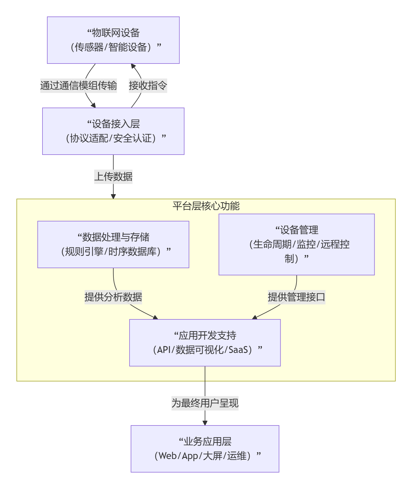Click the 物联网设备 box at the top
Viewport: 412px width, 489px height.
pyautogui.click(x=113, y=40)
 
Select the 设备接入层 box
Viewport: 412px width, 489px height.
pyautogui.click(x=113, y=131)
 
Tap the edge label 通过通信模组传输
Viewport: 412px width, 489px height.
pyautogui.click(x=78, y=86)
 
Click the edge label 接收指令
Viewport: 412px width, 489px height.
pyautogui.click(x=148, y=86)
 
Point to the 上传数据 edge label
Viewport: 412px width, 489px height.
pyautogui.click(x=113, y=176)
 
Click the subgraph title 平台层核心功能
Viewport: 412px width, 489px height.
pyautogui.click(x=206, y=206)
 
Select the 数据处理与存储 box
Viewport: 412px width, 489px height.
pyautogui.click(x=113, y=244)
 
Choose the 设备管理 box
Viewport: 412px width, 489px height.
pyautogui.click(x=297, y=244)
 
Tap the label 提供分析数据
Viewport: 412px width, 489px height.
pyautogui.click(x=113, y=297)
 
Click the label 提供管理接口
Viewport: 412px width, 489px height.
pyautogui.click(x=296, y=297)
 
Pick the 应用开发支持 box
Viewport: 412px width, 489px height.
pyautogui.click(x=205, y=343)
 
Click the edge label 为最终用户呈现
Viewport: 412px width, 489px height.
pyautogui.click(x=205, y=403)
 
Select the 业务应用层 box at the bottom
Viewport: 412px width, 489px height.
pyautogui.click(x=205, y=449)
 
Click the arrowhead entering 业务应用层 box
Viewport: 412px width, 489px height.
pyautogui.click(x=205, y=423)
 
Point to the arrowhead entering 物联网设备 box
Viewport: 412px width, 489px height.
pyautogui.click(x=133, y=66)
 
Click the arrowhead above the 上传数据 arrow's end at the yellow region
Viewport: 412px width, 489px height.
pyautogui.click(x=113, y=196)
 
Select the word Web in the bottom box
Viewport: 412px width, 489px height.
pyautogui.click(x=168, y=456)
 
